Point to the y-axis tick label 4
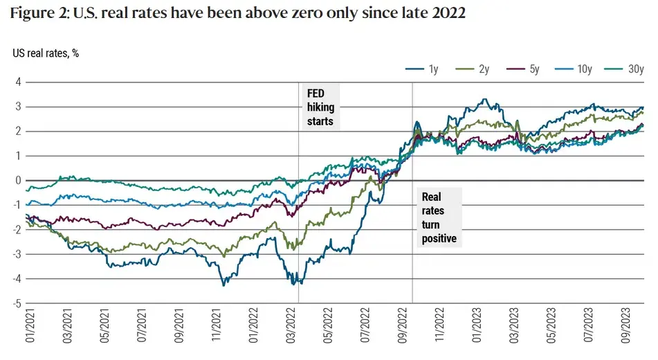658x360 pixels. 19,82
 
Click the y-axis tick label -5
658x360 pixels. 17,303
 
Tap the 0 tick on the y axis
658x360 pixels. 19,181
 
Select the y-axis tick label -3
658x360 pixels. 17,254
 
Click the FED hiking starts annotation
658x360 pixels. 320,107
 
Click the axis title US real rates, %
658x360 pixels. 46,53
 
